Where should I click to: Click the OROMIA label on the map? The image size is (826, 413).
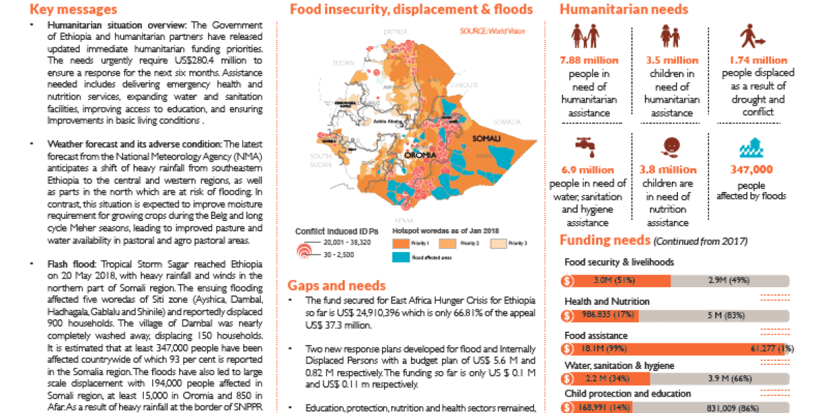coord(422,156)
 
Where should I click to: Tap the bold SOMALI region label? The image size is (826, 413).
coord(486,139)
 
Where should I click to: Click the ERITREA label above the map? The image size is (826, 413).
coord(396,32)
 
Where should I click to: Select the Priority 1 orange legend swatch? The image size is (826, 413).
coord(401,244)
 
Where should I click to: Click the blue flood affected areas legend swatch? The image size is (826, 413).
coord(401,257)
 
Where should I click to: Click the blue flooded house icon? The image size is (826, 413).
coord(751,149)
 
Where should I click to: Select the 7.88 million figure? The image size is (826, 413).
coord(589,61)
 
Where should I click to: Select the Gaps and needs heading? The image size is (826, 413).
coord(337,285)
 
